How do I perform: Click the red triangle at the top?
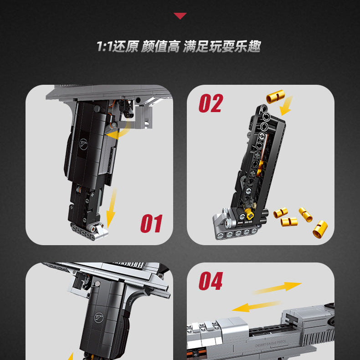pos(180,16)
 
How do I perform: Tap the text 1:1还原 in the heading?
pos(117,46)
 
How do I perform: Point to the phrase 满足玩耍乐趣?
pos(222,46)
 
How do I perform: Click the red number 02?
pos(211,103)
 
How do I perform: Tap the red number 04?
pos(211,282)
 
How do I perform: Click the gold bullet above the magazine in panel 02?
pos(275,97)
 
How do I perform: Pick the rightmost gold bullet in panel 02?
pos(320,228)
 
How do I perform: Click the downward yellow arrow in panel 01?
pos(111,207)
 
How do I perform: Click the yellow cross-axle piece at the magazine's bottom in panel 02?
pos(249,213)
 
